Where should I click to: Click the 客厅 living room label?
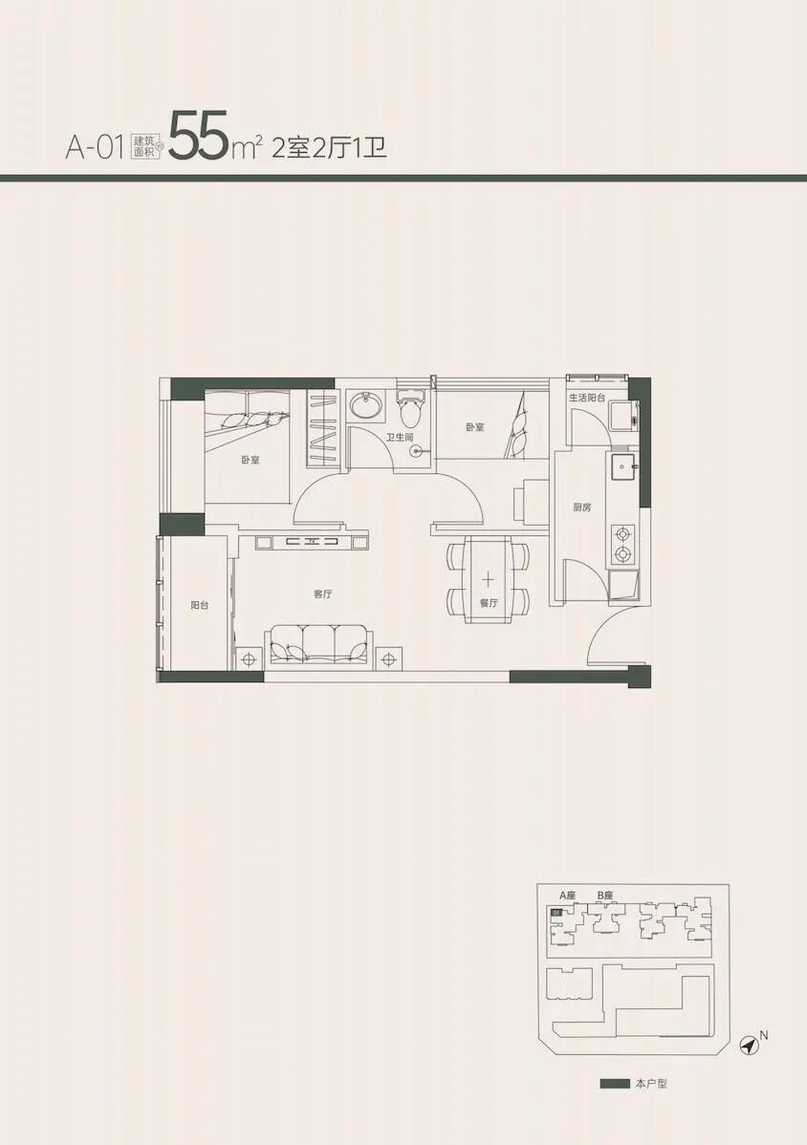[x=323, y=594]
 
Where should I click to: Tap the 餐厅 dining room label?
[x=489, y=603]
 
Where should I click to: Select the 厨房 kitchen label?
[x=582, y=508]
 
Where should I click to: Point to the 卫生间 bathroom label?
[x=400, y=438]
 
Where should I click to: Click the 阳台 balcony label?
[x=200, y=605]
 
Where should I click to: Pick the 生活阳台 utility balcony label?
[x=587, y=398]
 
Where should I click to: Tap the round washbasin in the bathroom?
[x=363, y=405]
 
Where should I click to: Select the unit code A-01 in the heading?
[x=94, y=148]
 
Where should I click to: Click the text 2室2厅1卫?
[x=329, y=148]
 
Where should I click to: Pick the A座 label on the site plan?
[x=567, y=895]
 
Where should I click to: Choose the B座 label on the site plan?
[x=604, y=895]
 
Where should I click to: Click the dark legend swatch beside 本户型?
[x=615, y=1084]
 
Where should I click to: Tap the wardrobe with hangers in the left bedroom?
[x=322, y=428]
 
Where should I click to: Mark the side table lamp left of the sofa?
[x=249, y=659]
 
